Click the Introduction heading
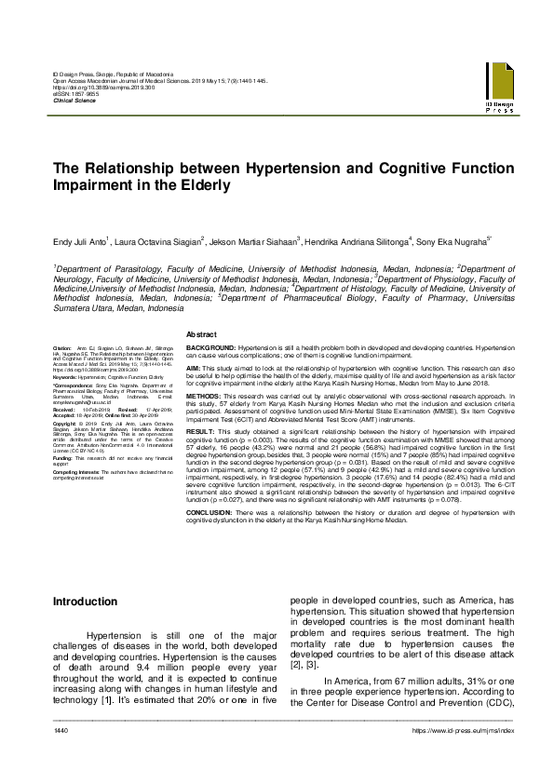[x=91, y=603]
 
